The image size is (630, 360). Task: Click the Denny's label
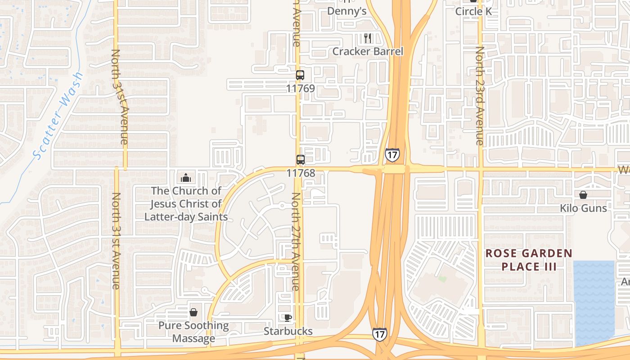click(x=346, y=11)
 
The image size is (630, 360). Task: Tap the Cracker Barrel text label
click(x=368, y=51)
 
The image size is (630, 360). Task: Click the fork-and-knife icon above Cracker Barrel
click(x=368, y=38)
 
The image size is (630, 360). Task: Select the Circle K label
click(x=473, y=11)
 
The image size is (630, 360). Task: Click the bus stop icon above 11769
click(x=300, y=75)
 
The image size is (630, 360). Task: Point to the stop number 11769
click(x=300, y=88)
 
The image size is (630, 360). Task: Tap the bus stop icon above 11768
click(x=300, y=159)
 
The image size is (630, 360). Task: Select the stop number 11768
click(x=300, y=172)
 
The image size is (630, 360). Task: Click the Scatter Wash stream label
click(x=59, y=116)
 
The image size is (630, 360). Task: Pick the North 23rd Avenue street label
click(x=480, y=95)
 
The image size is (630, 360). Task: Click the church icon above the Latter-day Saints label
click(x=186, y=178)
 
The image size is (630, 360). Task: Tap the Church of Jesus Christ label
click(x=186, y=204)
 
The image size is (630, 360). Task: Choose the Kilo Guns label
click(x=583, y=208)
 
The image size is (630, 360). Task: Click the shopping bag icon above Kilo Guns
click(x=583, y=195)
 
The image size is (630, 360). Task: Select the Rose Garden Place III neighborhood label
click(x=529, y=260)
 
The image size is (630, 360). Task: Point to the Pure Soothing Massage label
click(x=193, y=332)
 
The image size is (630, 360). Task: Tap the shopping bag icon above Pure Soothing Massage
click(x=193, y=312)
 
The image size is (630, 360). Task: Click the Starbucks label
click(x=288, y=331)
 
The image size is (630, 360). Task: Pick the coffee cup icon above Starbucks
click(x=288, y=318)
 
